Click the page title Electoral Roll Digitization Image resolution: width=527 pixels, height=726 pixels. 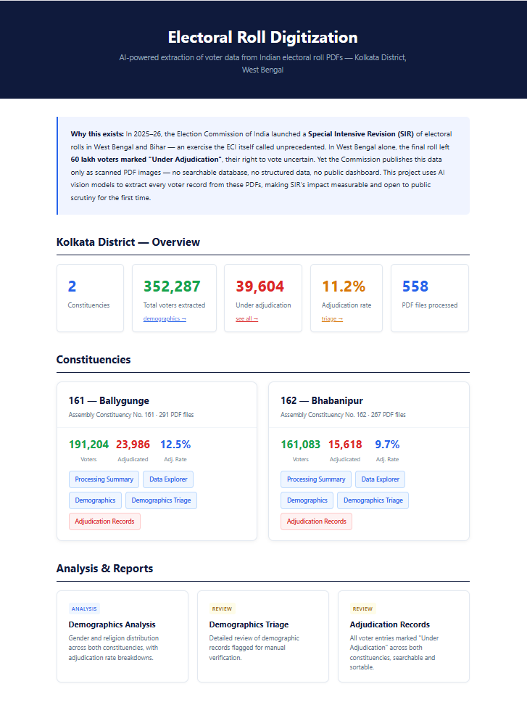(262, 38)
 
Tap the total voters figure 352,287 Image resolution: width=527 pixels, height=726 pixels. (172, 286)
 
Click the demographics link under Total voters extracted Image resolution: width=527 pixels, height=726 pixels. (165, 319)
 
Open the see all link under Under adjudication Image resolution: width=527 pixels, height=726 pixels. (246, 319)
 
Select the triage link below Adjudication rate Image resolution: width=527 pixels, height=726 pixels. (332, 319)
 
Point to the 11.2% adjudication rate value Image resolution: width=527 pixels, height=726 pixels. (344, 286)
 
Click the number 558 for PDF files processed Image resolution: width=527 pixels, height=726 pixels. (415, 286)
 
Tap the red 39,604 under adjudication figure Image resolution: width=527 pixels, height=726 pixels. (260, 286)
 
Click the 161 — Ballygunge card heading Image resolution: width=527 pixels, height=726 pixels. (109, 400)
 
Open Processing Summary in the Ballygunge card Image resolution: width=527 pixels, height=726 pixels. (104, 479)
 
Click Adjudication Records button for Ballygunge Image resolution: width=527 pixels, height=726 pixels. (104, 521)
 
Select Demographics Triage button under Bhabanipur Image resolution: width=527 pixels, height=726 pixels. (373, 500)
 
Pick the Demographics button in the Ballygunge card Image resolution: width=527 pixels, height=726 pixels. (95, 500)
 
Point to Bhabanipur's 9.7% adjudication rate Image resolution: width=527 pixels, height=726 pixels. (387, 445)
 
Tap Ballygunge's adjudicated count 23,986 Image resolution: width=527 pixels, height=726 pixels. (133, 445)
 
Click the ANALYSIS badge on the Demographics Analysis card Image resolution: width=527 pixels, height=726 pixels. (85, 609)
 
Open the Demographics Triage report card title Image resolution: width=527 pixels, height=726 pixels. (249, 624)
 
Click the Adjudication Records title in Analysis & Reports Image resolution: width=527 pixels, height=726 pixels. (389, 624)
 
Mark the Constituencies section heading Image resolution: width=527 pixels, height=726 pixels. (94, 360)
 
